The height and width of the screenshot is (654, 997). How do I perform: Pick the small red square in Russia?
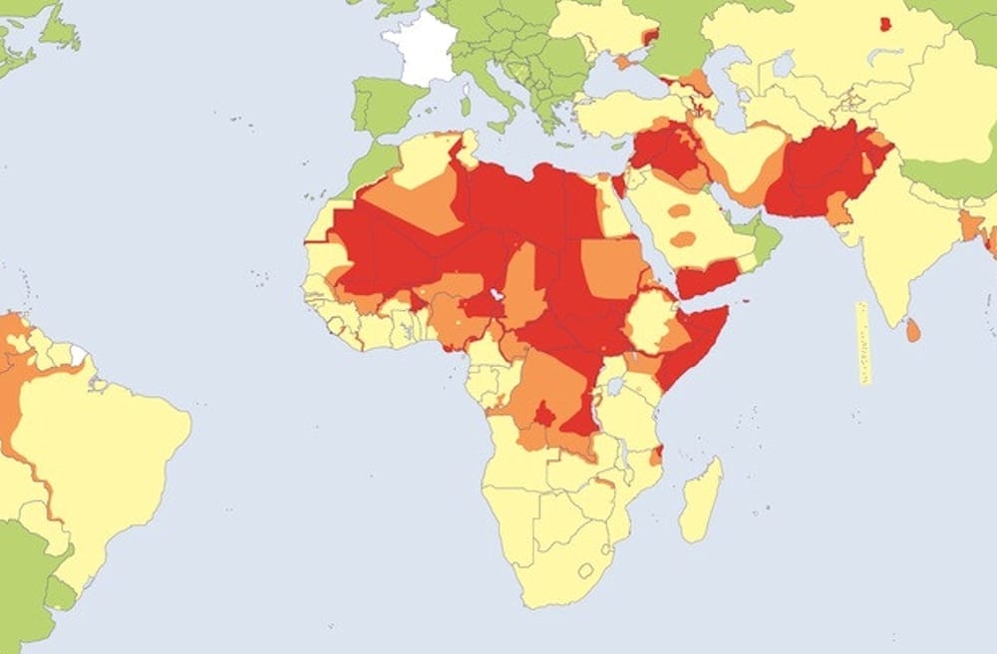884,24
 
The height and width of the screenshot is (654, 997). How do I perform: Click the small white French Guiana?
78,355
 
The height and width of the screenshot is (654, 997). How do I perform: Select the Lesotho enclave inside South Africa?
584,571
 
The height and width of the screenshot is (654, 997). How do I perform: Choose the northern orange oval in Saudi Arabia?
679,210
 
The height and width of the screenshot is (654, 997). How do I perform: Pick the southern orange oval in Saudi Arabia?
683,239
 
